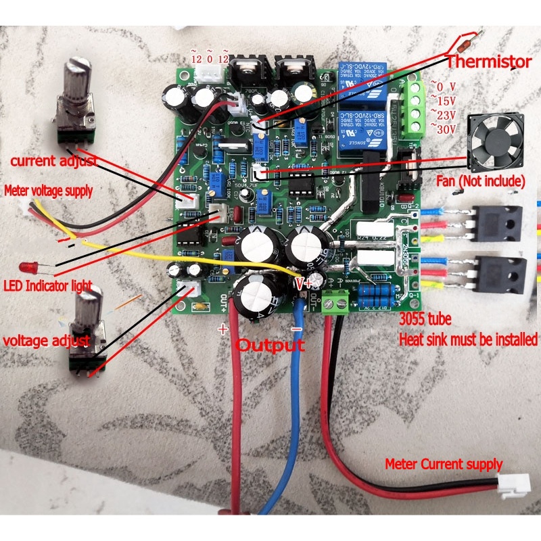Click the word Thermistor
coord(489,62)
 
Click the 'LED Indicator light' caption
coord(47,285)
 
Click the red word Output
coord(270,345)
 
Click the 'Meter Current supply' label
coord(444,465)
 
